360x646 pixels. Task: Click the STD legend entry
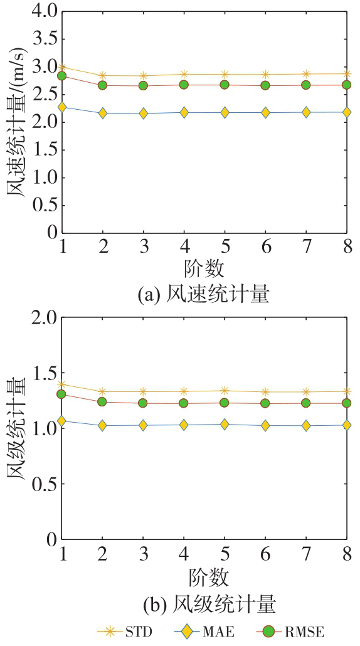[x=125, y=632]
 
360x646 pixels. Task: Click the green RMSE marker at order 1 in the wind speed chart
[x=62, y=76]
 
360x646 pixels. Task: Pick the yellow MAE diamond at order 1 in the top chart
[x=62, y=107]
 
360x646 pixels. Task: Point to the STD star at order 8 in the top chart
[x=347, y=74]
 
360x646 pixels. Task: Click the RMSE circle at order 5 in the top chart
[x=225, y=85]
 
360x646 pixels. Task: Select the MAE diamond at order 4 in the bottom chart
[x=184, y=425]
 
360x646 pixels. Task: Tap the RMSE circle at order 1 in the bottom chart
[x=62, y=394]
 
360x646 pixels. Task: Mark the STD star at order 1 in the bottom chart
[x=62, y=384]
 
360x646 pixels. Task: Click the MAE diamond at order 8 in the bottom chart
[x=347, y=425]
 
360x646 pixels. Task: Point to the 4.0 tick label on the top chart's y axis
[x=44, y=11]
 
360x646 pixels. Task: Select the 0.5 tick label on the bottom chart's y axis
[x=44, y=484]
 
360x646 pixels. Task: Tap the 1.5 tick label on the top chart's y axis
[x=44, y=150]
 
